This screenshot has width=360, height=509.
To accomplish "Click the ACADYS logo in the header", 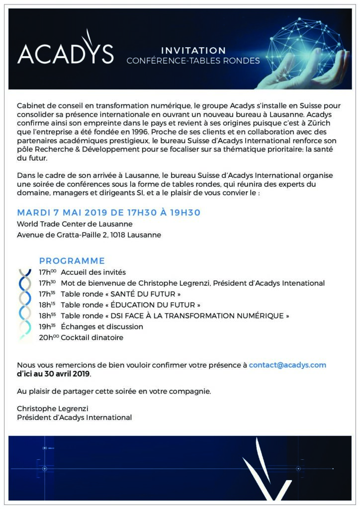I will pos(65,53).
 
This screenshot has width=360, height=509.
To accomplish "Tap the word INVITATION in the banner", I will pos(193,50).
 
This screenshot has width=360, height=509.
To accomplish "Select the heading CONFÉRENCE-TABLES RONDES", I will pos(193,61).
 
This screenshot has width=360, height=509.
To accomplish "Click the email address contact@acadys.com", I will pos(287,365).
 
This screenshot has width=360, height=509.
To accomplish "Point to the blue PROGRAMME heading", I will pos(72,261).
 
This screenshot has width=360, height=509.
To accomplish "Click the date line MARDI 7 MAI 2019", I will pos(108,213).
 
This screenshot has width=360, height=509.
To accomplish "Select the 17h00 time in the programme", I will pos(48,272).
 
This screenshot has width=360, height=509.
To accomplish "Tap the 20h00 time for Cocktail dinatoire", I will pos(49,338).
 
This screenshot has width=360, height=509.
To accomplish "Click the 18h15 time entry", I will pos(48,305).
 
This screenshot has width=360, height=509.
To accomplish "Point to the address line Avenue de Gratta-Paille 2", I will pos(89,235).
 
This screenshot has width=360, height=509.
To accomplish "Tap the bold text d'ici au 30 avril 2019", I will pos(54,374).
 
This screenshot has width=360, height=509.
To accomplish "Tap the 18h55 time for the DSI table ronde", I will pos(48,316).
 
